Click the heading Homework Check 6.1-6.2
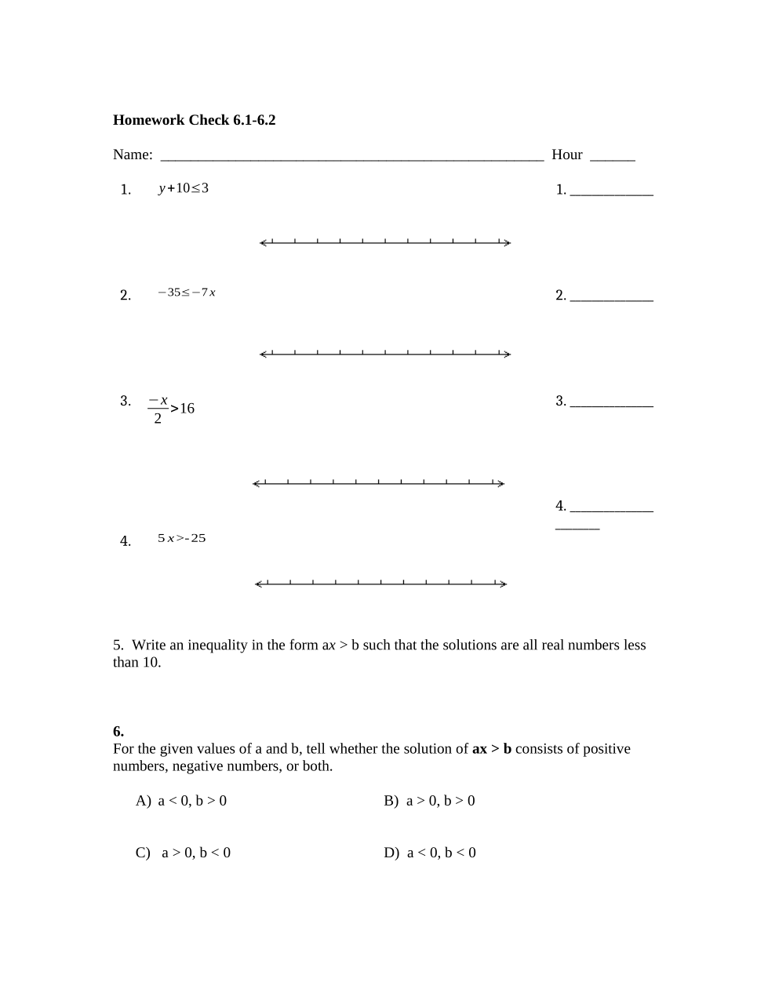194,120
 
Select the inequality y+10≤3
184,188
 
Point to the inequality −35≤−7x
187,293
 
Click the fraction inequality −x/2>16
171,408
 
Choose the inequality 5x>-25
181,538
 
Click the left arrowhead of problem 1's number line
263,243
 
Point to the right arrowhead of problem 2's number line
508,354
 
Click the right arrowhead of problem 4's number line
504,584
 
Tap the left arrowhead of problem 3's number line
256,483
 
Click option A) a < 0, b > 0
181,801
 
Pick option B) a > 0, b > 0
429,801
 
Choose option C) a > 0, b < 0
183,853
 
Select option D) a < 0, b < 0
430,853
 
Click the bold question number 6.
118,732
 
